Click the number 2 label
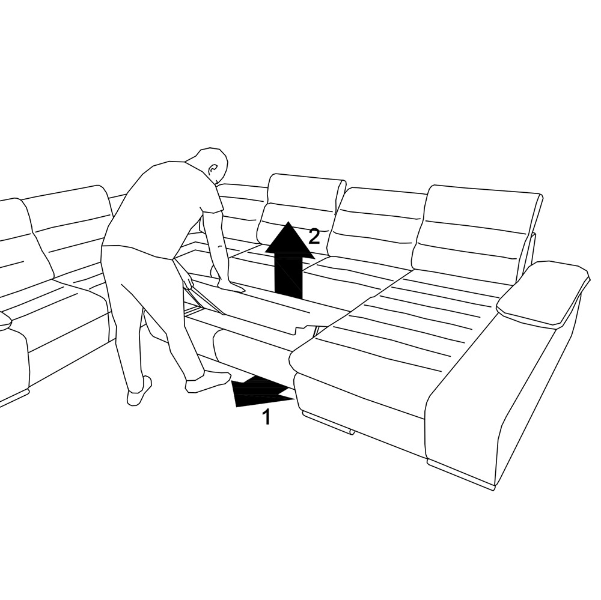click(x=314, y=237)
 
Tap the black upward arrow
click(x=289, y=260)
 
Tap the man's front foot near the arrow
click(x=207, y=381)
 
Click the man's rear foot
click(x=139, y=391)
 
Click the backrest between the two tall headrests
click(x=377, y=222)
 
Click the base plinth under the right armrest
click(x=460, y=474)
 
